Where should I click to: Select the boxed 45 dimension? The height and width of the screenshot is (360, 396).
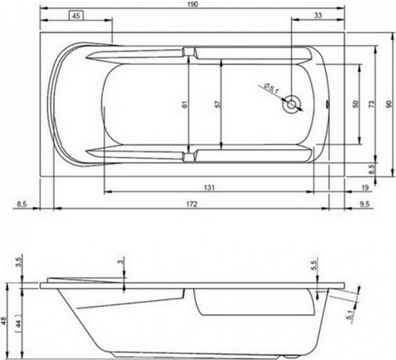77,15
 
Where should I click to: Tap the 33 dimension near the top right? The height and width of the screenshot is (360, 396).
317,15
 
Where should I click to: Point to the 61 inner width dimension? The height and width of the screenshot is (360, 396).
185,104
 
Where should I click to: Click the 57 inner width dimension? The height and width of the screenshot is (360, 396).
216,104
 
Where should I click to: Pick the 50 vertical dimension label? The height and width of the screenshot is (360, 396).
355,104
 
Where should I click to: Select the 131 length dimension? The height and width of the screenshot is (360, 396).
209,187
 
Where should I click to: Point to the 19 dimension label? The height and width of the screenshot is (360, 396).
364,188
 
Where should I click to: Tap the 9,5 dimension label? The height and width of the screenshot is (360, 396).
365,205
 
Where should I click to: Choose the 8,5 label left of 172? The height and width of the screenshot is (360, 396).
20,205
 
